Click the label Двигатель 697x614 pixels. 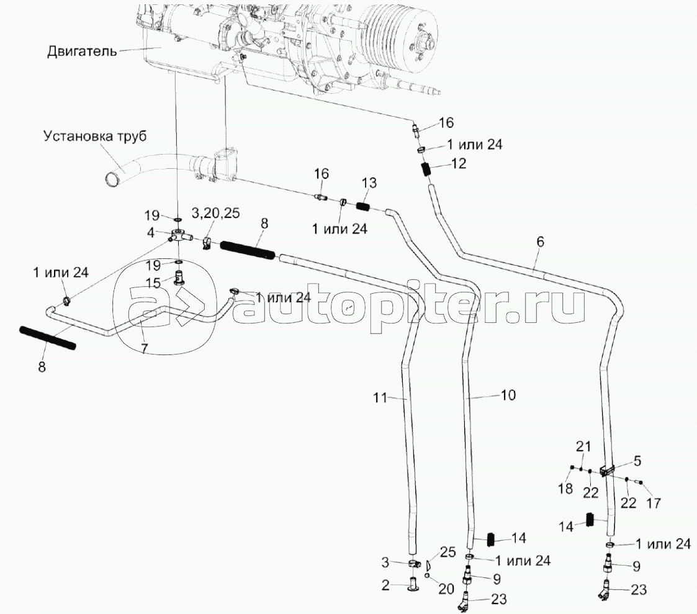point(81,51)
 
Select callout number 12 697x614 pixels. point(460,165)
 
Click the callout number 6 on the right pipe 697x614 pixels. point(540,243)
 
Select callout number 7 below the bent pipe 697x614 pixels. point(143,348)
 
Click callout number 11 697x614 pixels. point(380,395)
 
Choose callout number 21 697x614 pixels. point(580,446)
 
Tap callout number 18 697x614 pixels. point(564,489)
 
